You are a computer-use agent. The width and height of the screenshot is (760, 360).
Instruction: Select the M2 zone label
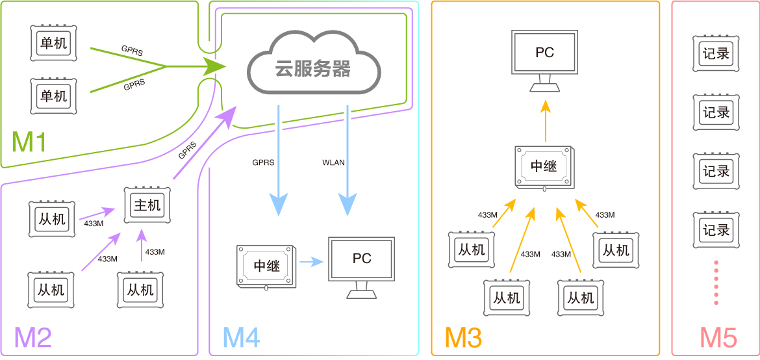(x=32, y=337)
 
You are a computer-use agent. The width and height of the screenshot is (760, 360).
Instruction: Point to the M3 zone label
(x=463, y=337)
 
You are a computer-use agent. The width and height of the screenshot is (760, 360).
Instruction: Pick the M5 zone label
(x=718, y=337)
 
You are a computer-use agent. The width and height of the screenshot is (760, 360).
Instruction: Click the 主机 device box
(x=147, y=205)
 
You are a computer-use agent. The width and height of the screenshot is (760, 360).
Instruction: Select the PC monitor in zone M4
(x=362, y=267)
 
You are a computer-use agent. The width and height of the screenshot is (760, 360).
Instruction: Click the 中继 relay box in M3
(x=544, y=166)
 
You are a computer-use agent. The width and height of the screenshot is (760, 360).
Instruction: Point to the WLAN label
(x=333, y=162)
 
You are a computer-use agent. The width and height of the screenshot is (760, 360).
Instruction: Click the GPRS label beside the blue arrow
(x=263, y=162)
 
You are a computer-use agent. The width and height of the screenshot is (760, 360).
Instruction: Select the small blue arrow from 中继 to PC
(x=311, y=263)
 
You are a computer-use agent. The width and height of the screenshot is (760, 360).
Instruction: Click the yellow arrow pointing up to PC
(x=546, y=121)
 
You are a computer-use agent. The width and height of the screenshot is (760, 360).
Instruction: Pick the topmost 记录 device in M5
(x=716, y=53)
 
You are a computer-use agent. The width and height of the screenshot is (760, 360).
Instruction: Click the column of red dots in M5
(x=716, y=283)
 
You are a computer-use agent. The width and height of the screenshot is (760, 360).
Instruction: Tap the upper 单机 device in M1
(x=54, y=43)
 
